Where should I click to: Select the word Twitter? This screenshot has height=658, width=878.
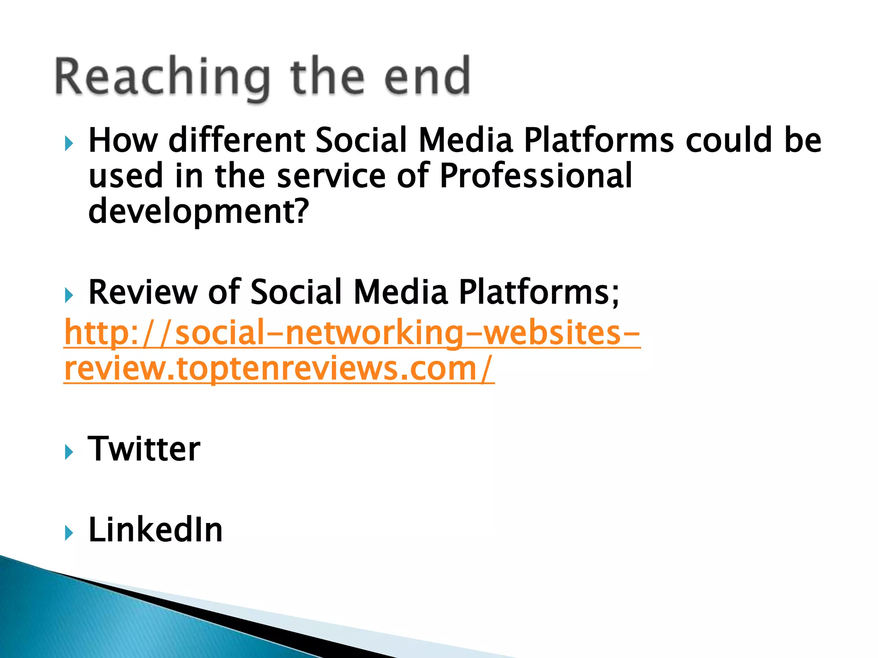coord(144,449)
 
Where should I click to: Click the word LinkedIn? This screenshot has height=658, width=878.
coord(155,530)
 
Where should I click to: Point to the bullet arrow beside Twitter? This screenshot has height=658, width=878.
coord(69,452)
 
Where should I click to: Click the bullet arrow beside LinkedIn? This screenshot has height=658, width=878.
coord(69,533)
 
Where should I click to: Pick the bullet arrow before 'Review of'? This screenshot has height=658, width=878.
coord(69,295)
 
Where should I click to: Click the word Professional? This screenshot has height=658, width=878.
coord(536,176)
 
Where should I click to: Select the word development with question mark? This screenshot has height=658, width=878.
coord(198,212)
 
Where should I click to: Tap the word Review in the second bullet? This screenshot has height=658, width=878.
coord(143,293)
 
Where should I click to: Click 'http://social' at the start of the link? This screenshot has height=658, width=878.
coord(171,333)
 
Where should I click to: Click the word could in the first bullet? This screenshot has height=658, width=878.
coord(729,141)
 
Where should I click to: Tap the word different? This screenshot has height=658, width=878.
coord(237,141)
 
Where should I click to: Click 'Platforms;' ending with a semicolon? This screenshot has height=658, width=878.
coord(539,293)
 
